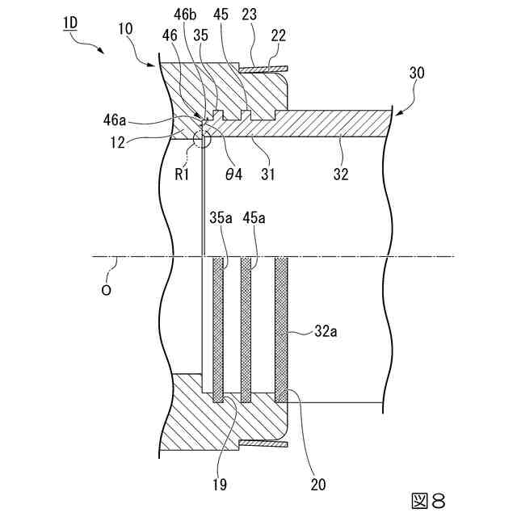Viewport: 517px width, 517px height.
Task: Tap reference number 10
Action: [125, 29]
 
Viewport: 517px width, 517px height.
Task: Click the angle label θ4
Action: [234, 172]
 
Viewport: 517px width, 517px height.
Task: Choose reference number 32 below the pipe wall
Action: [341, 172]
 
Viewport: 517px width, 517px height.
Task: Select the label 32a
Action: [326, 330]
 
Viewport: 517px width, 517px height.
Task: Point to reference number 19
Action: [219, 485]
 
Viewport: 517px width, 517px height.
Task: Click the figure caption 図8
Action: [427, 501]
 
